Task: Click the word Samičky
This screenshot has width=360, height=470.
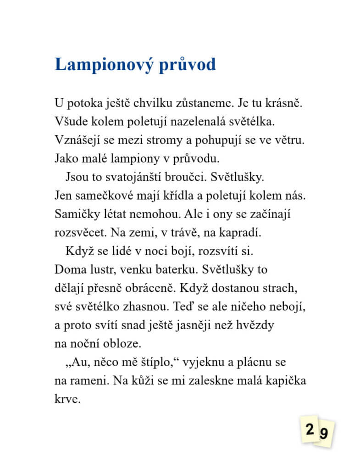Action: click(74, 214)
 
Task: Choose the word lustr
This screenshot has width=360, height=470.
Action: click(101, 270)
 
